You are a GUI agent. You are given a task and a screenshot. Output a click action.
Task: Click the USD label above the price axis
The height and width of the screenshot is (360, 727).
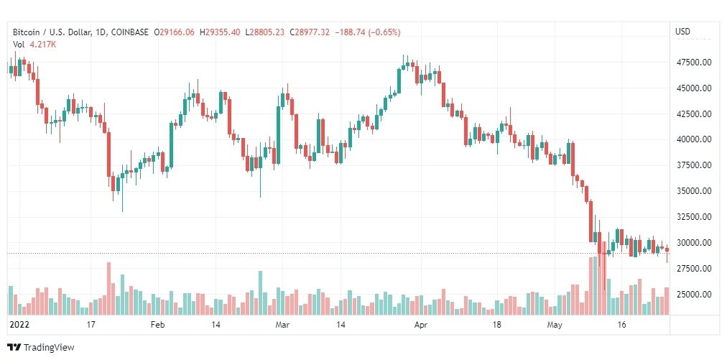coord(682,32)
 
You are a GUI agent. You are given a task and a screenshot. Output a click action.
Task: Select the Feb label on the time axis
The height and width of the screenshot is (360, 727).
coord(157,325)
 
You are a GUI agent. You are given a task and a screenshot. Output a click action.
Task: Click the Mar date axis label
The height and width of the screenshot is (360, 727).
coord(282,325)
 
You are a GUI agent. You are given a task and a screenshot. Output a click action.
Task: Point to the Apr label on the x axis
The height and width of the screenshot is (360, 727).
coord(422,325)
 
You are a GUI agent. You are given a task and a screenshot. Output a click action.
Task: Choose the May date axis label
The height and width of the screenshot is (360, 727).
coord(553,325)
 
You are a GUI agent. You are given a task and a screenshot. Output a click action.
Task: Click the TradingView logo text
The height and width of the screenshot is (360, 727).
coord(48,348)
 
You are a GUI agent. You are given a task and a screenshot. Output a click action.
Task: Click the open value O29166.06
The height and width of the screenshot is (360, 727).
coord(175,32)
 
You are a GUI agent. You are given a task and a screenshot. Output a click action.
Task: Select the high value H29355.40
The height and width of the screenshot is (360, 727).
coord(221,32)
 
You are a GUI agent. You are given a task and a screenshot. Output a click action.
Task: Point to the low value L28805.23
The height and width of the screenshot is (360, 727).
coord(266,32)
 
